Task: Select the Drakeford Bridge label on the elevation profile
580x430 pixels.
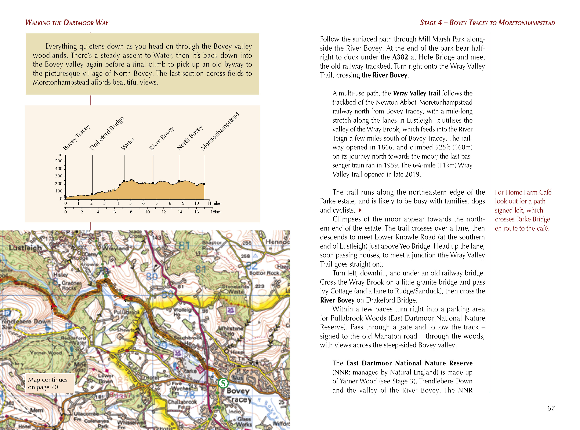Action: (x=106, y=134)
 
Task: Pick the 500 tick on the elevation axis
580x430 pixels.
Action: (x=59, y=161)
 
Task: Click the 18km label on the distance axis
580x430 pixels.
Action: (x=215, y=212)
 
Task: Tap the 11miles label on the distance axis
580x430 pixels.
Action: (x=214, y=203)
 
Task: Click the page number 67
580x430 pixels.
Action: (x=551, y=408)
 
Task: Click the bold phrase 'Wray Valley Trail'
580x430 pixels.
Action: (x=416, y=93)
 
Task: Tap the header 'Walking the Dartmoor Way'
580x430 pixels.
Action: (x=67, y=23)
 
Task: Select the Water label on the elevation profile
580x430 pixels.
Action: (x=128, y=144)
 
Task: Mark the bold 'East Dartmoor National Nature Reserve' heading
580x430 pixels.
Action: (x=409, y=363)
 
